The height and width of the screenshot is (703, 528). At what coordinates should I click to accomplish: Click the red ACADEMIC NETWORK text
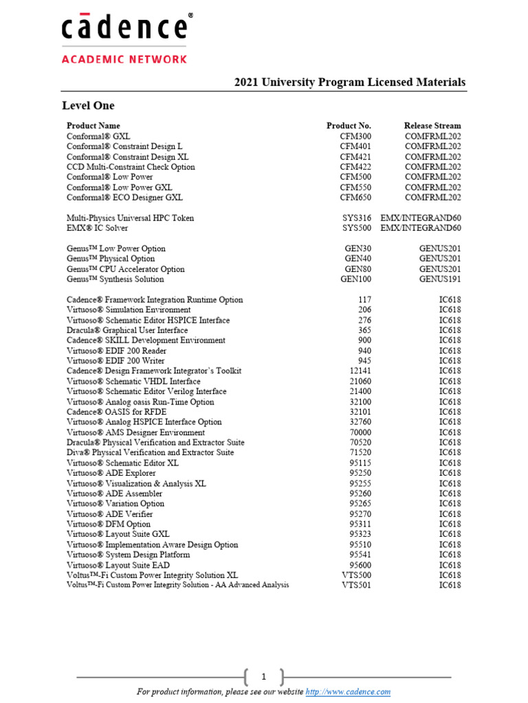(124, 59)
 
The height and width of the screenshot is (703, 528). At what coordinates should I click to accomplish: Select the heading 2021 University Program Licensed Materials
(350, 82)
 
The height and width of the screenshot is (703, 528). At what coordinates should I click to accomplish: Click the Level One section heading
(88, 106)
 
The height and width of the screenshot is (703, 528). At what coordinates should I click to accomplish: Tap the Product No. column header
(349, 126)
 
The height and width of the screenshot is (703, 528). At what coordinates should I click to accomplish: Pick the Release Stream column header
(432, 126)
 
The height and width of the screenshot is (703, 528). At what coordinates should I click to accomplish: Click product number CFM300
(356, 136)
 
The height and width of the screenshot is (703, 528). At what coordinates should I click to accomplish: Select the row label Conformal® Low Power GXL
(119, 187)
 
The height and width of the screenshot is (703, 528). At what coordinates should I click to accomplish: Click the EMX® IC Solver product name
(97, 228)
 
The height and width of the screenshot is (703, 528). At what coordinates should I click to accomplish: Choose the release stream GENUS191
(440, 279)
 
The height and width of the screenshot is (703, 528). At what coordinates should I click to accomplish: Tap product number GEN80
(357, 269)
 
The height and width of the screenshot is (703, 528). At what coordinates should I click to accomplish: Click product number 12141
(360, 371)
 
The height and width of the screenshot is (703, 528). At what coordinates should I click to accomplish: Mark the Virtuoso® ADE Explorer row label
(111, 473)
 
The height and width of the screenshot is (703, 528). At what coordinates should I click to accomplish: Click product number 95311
(360, 524)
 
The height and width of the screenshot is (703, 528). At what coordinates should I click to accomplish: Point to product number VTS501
(357, 585)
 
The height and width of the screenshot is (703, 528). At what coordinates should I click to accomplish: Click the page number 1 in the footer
(263, 677)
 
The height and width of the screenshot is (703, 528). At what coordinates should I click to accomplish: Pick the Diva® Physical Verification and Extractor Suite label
(150, 452)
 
